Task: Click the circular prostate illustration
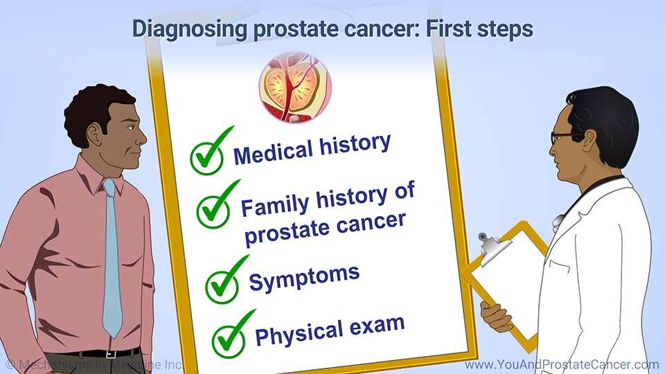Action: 295,87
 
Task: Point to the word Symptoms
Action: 304,278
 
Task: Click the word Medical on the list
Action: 273,152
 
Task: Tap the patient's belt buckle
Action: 111,354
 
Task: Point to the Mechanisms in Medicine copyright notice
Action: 94,365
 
